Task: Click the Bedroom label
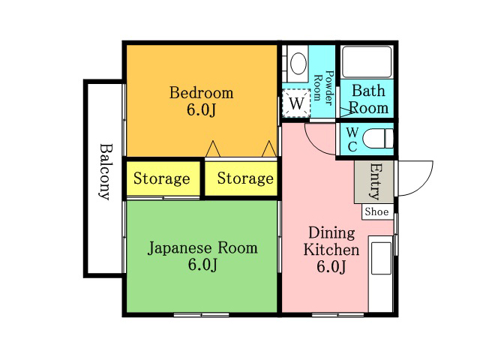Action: [202, 93]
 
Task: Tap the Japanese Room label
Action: [202, 248]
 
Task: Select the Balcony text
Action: [105, 172]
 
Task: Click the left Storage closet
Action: [163, 178]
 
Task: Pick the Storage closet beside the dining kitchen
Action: [241, 178]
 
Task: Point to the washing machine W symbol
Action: [296, 103]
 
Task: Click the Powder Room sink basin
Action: [298, 64]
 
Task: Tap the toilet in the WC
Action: [378, 139]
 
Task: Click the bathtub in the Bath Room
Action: [367, 61]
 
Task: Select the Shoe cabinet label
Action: [376, 211]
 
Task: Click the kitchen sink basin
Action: [381, 258]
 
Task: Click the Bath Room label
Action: [368, 100]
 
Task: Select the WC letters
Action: [352, 139]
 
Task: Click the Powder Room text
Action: [323, 88]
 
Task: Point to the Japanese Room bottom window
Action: [202, 314]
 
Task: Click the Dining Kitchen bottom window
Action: [338, 314]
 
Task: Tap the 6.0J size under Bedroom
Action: [202, 109]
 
